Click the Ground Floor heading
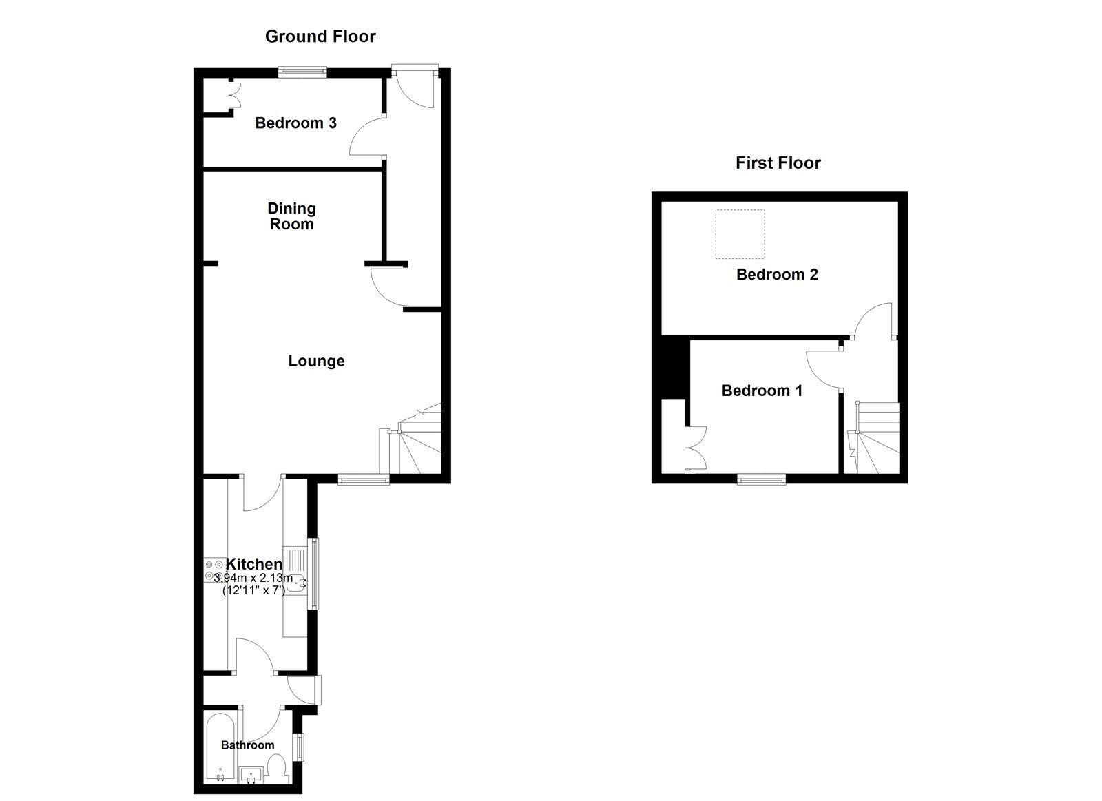(x=320, y=37)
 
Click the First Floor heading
(x=778, y=163)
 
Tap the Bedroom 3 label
(x=295, y=123)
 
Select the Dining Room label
(x=291, y=216)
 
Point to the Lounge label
(x=316, y=361)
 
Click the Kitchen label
(x=254, y=564)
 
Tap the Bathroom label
(x=247, y=745)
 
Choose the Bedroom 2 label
(x=777, y=275)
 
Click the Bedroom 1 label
(x=762, y=391)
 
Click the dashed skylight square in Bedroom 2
(x=740, y=234)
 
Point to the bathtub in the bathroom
(x=220, y=749)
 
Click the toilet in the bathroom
(x=277, y=769)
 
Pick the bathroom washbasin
(x=251, y=776)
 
